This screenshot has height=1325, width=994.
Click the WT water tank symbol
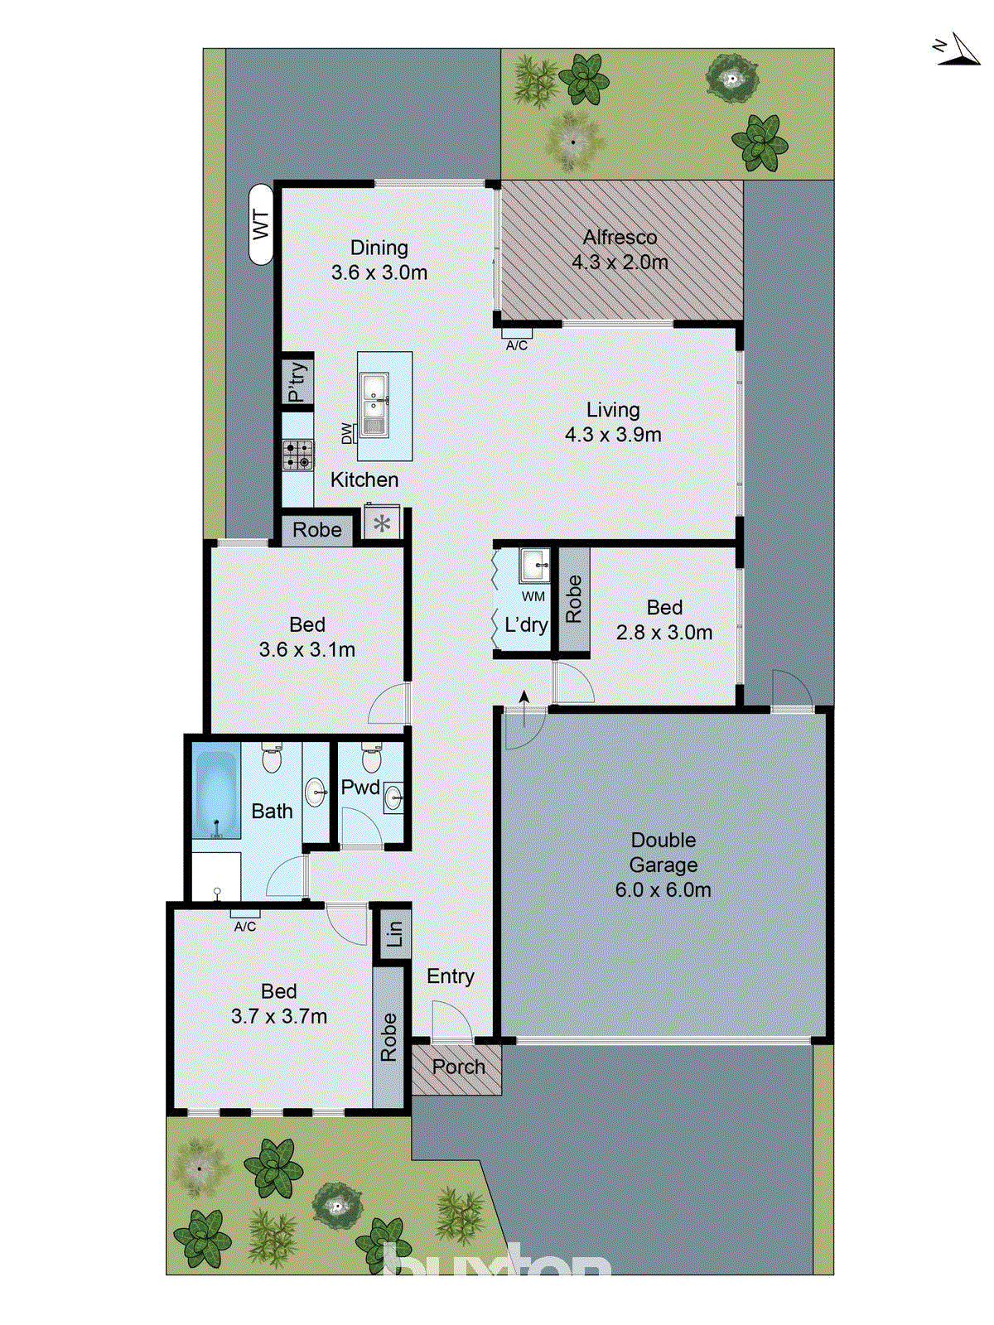tap(261, 224)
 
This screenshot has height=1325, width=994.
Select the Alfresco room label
tap(620, 238)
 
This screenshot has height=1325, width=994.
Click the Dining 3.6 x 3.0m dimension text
tap(379, 272)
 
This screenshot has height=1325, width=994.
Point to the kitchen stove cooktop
tap(298, 455)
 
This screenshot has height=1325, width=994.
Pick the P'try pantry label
tap(297, 382)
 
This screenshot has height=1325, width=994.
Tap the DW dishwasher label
tap(347, 432)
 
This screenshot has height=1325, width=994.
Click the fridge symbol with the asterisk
tap(382, 523)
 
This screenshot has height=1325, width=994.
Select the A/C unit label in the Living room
tap(517, 344)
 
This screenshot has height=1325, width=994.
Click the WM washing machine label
tap(533, 596)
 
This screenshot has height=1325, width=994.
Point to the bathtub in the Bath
tap(216, 791)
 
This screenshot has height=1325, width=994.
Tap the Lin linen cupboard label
tap(394, 934)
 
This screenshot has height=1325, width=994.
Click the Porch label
tap(458, 1067)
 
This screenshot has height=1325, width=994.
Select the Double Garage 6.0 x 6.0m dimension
tap(663, 890)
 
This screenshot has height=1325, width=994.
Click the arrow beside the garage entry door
tap(524, 701)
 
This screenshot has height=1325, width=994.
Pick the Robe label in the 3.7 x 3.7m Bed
tap(388, 1037)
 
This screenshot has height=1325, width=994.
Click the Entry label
tap(451, 976)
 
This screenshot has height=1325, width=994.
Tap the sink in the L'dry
tap(534, 566)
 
